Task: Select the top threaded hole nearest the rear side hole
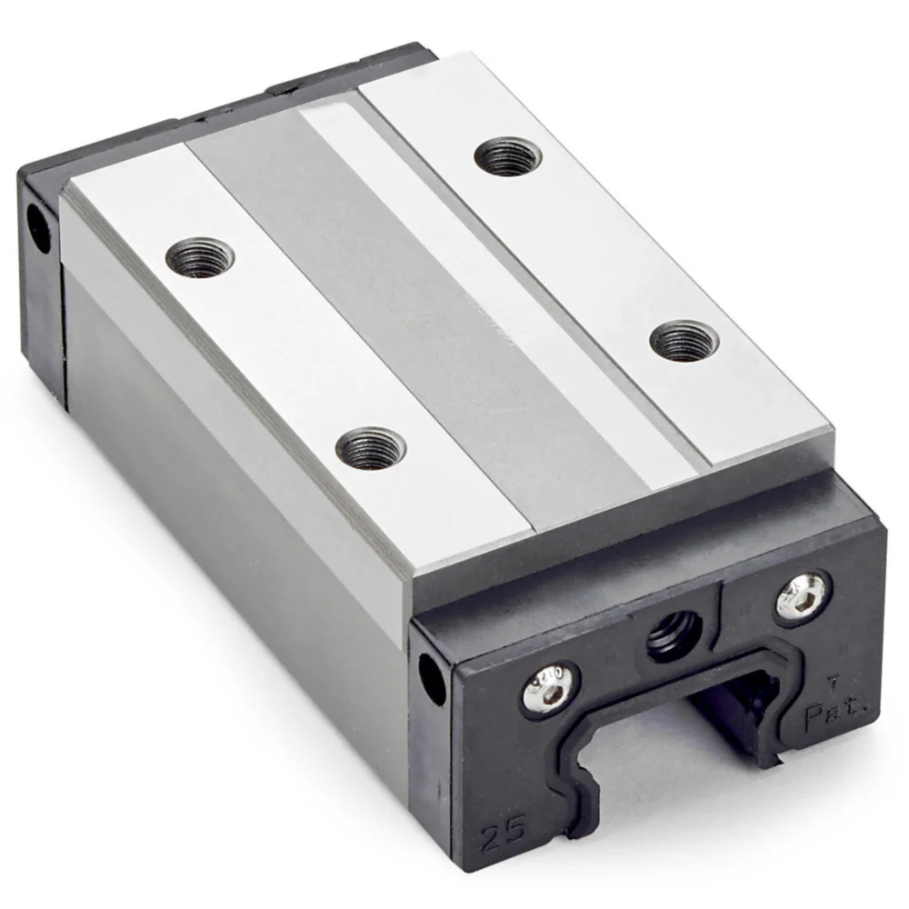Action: coord(200,256)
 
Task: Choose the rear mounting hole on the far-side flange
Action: coord(508,156)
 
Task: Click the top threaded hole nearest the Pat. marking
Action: coord(684,341)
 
